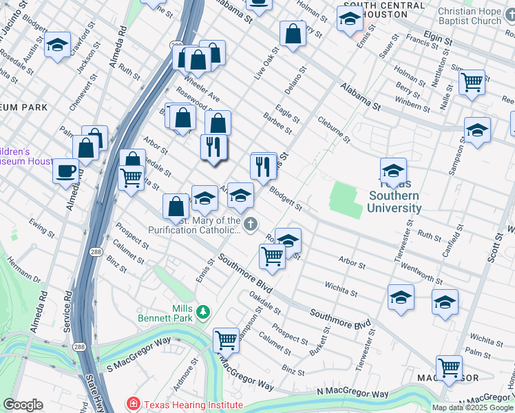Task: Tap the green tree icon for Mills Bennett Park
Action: click(x=202, y=313)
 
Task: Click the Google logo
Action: click(x=23, y=405)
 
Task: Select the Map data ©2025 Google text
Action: click(x=472, y=407)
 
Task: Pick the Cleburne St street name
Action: click(x=335, y=130)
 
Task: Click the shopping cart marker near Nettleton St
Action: click(x=472, y=83)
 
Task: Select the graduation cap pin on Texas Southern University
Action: click(x=393, y=171)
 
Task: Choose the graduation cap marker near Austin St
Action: click(x=58, y=45)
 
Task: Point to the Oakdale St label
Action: click(x=263, y=303)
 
